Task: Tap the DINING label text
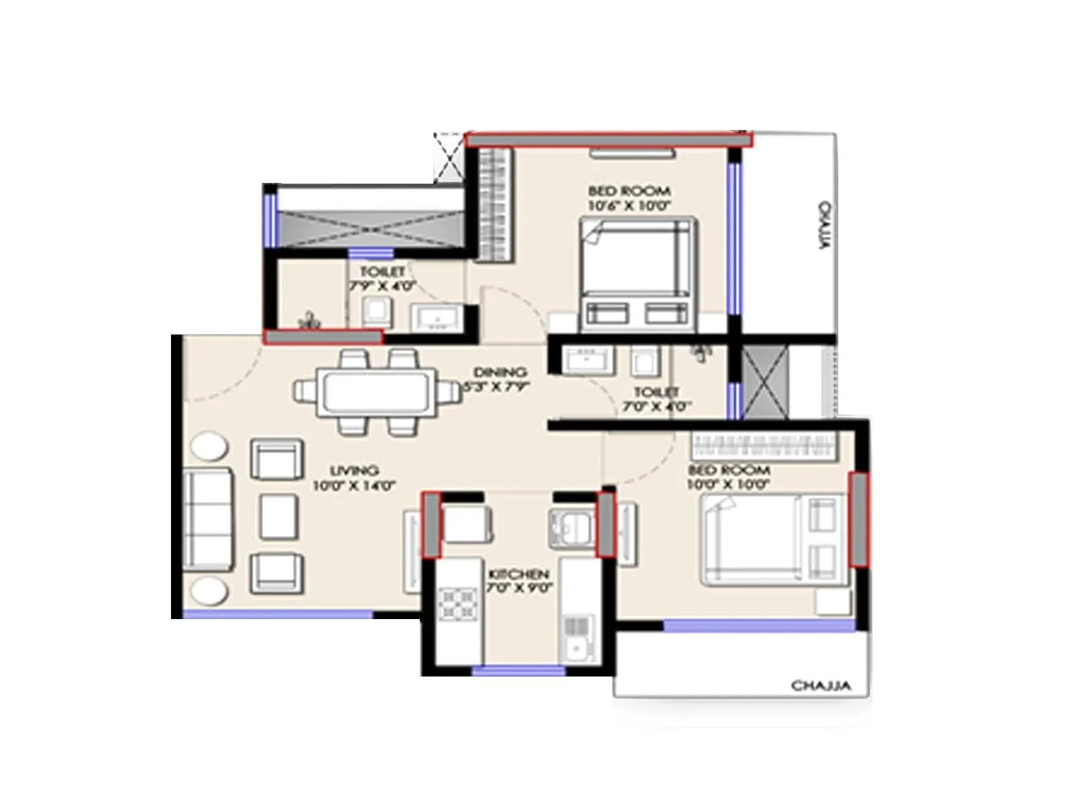pyautogui.click(x=500, y=373)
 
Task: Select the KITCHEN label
pyautogui.click(x=518, y=575)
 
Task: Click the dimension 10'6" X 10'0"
pyautogui.click(x=630, y=206)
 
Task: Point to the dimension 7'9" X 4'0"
pyautogui.click(x=382, y=285)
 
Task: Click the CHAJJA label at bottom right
pyautogui.click(x=821, y=685)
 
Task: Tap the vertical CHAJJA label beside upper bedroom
pyautogui.click(x=824, y=225)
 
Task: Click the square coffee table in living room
pyautogui.click(x=278, y=516)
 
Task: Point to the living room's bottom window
pyautogui.click(x=278, y=614)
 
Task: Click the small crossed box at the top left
pyautogui.click(x=449, y=157)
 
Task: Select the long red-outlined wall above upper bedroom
pyautogui.click(x=608, y=139)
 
